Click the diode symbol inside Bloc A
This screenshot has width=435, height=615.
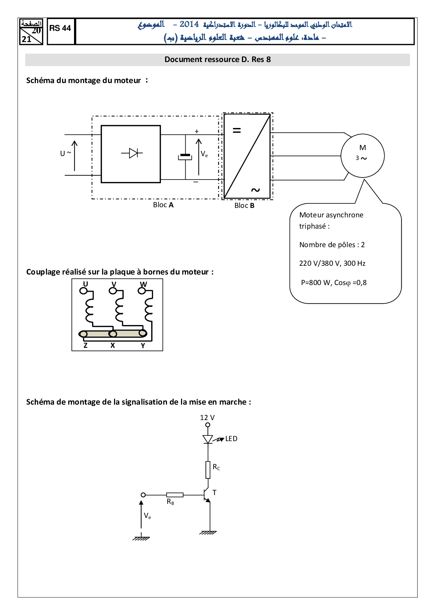pos(133,153)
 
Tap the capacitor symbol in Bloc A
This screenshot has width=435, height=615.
pos(185,156)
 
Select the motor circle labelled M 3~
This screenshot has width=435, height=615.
pos(362,156)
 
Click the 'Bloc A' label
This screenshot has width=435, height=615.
pos(163,205)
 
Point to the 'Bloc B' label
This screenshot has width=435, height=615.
pos(244,205)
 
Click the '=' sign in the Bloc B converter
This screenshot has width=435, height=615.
pos(237,130)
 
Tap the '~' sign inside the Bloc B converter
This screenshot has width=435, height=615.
pos(255,190)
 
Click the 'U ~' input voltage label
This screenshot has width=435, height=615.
pos(66,153)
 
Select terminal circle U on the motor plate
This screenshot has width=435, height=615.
pos(83,291)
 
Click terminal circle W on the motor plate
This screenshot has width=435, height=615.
pos(142,291)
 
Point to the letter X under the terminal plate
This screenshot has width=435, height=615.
pos(113,345)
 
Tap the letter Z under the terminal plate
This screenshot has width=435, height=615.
pos(85,345)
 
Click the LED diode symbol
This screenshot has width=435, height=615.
pos(208,439)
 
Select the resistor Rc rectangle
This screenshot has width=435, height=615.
pos(208,470)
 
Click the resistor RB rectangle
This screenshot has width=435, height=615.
pos(175,495)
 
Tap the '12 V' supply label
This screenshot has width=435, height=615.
pos(207,418)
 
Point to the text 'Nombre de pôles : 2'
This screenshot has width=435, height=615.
pos(332,245)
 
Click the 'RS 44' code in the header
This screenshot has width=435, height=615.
pos(60,28)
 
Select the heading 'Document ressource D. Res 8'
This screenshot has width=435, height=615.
pos(217,60)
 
